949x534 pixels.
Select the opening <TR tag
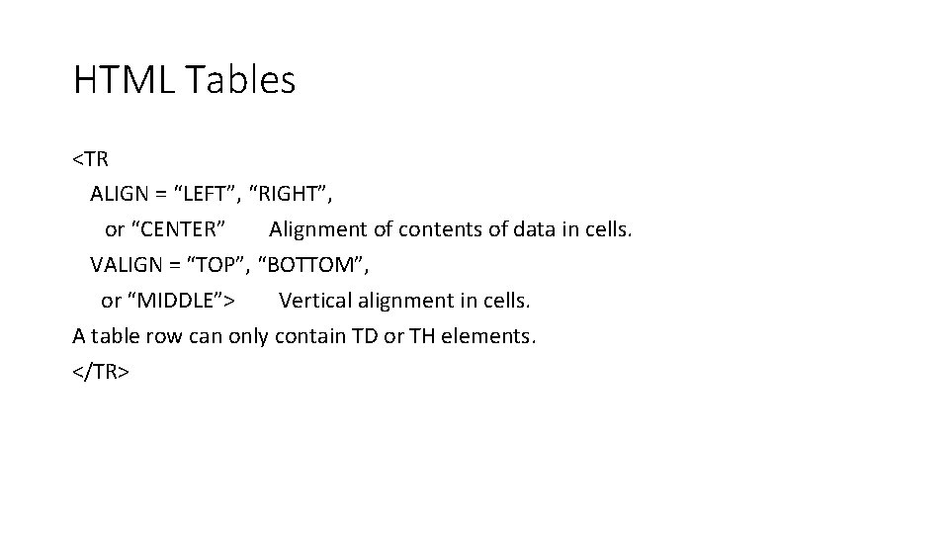point(90,159)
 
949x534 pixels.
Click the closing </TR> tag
point(101,372)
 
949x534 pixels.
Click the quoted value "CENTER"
point(181,229)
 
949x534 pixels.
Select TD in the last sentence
point(363,336)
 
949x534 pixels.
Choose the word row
point(164,336)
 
